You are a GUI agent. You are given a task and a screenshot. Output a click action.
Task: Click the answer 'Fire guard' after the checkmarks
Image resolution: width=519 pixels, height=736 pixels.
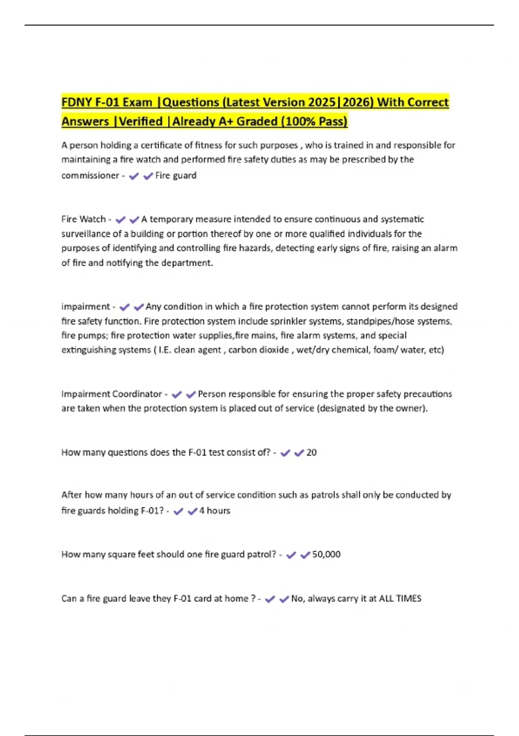176,175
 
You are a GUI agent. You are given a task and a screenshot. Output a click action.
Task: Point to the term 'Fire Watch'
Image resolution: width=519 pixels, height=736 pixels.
83,219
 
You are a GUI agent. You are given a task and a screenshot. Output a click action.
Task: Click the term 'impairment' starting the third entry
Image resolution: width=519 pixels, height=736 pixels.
86,307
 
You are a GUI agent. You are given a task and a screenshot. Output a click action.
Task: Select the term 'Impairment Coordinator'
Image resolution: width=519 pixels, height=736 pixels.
112,394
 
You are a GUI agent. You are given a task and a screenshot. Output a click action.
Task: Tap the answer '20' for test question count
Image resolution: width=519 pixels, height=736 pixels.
311,452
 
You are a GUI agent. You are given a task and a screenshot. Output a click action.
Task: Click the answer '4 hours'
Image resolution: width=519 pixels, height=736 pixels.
215,511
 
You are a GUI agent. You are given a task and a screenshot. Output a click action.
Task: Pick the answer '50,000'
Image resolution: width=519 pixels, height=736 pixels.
326,555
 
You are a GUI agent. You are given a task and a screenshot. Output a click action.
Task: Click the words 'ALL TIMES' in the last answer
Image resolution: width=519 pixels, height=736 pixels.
400,598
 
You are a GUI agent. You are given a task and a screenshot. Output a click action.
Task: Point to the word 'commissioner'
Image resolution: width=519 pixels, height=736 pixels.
90,175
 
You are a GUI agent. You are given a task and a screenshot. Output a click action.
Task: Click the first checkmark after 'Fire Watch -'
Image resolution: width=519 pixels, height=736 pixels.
120,220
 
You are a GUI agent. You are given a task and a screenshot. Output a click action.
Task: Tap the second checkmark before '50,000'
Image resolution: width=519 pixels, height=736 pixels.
305,555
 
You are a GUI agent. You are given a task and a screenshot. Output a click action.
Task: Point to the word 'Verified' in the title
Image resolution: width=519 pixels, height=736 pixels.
141,121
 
